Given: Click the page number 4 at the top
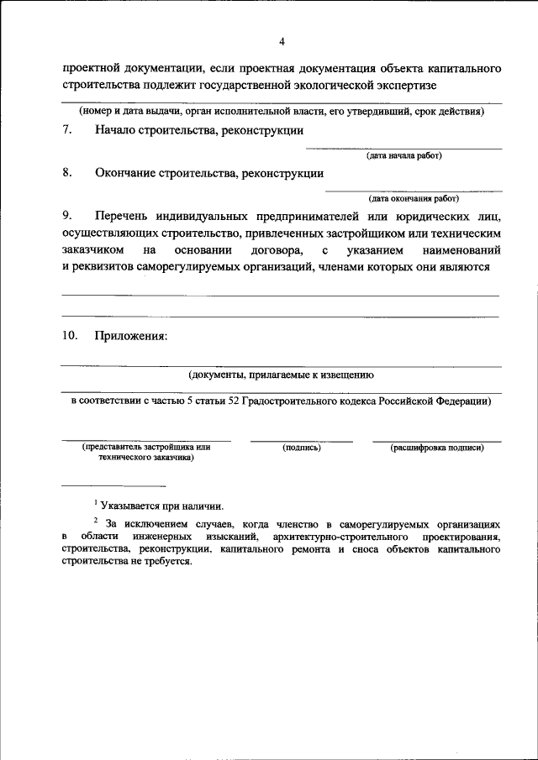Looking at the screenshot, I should pyautogui.click(x=282, y=41).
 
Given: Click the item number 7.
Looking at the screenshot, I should pyautogui.click(x=66, y=130).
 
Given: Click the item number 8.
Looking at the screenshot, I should pyautogui.click(x=66, y=174).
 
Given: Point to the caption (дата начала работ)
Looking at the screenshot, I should pyautogui.click(x=403, y=155).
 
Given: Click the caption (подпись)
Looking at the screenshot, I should pyautogui.click(x=302, y=448).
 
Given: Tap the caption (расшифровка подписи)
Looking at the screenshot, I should pyautogui.click(x=436, y=448).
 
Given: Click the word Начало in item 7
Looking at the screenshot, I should pyautogui.click(x=119, y=130).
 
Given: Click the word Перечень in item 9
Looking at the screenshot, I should pyautogui.click(x=125, y=218).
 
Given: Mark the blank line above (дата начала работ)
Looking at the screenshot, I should pyautogui.click(x=403, y=148).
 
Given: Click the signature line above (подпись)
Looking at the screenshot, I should pyautogui.click(x=302, y=440).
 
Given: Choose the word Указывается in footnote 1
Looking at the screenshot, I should pyautogui.click(x=133, y=505).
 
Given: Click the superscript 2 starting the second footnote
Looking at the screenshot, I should pyautogui.click(x=96, y=520).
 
